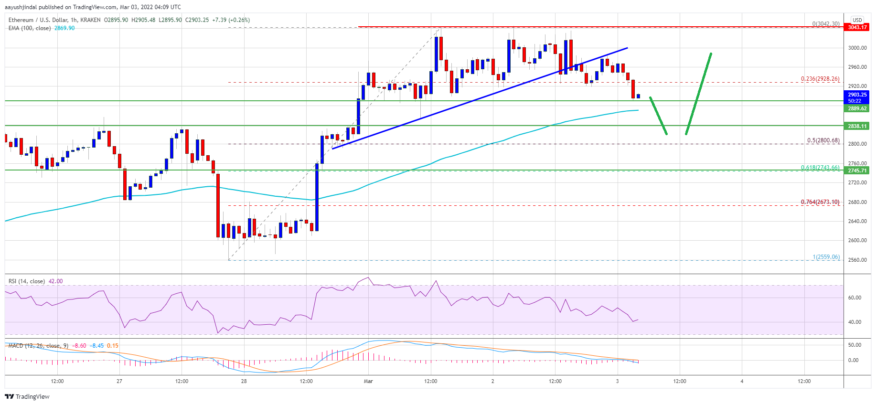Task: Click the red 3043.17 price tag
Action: click(x=857, y=27)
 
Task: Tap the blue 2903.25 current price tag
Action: click(x=857, y=95)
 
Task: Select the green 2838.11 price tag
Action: click(x=857, y=126)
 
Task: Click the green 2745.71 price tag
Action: click(x=857, y=171)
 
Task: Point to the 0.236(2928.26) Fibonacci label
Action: click(x=820, y=79)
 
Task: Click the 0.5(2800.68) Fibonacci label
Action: click(x=823, y=140)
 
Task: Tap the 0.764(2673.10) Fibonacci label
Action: click(x=820, y=202)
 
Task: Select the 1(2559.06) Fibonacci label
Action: click(x=826, y=257)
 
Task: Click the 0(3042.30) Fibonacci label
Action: click(x=825, y=23)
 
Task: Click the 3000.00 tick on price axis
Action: click(x=857, y=48)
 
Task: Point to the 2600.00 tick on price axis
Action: click(x=857, y=240)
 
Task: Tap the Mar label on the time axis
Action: click(x=368, y=381)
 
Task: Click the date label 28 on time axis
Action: click(x=244, y=381)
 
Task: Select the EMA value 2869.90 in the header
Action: click(x=64, y=28)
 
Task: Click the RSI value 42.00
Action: click(x=55, y=281)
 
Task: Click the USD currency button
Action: click(x=857, y=20)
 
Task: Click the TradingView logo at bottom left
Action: click(x=27, y=396)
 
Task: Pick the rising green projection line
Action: click(x=699, y=93)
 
